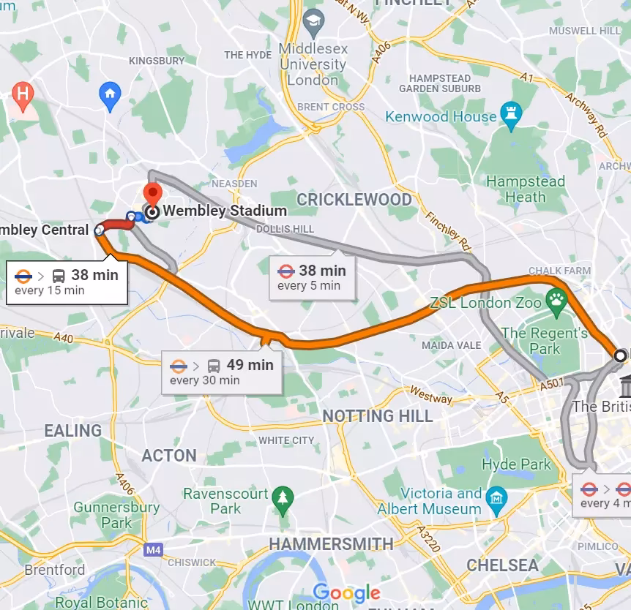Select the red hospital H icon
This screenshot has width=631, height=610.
[23, 94]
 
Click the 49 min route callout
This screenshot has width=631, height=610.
[221, 372]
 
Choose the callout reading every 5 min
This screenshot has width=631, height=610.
[312, 277]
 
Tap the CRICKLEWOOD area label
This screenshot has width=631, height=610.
[354, 199]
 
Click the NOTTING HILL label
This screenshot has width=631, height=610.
[378, 416]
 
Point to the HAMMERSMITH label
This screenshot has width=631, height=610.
[331, 543]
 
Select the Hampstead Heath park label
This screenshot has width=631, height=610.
[526, 189]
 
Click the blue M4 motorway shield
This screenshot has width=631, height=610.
[153, 549]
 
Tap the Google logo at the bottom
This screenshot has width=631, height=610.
[347, 592]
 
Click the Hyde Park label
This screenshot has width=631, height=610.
[516, 464]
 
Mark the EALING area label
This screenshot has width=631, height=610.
[72, 431]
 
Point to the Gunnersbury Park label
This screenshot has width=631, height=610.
[116, 514]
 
